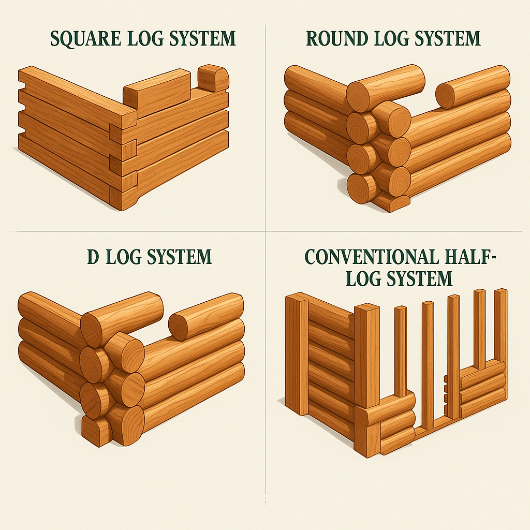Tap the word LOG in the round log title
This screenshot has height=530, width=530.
coord(391,38)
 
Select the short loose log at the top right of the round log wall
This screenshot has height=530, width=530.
coord(473,87)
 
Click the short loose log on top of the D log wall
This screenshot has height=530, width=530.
coord(206,317)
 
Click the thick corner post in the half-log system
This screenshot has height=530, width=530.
coord(367,355)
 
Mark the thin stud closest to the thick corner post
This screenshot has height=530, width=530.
coord(401,351)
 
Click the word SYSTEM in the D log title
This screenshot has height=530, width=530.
coord(179,257)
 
